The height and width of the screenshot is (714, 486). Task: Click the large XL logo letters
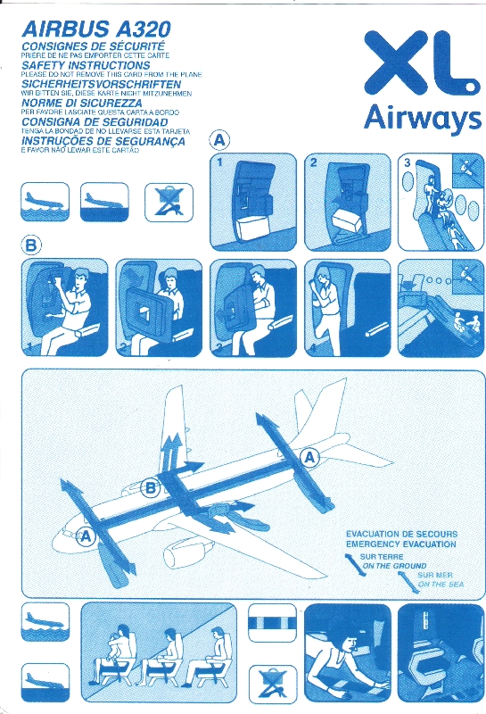click(x=422, y=64)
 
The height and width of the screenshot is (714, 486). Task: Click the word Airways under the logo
click(x=423, y=119)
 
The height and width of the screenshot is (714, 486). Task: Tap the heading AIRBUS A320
click(x=96, y=29)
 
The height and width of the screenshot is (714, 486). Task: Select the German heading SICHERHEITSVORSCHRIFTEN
click(x=101, y=84)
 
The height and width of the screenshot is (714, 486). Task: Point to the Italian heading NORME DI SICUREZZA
click(x=81, y=103)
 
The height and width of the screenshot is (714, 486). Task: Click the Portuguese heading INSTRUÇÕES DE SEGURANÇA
click(x=103, y=141)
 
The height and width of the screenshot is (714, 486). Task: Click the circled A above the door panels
click(x=219, y=140)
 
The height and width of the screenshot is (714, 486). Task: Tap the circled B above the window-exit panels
click(x=31, y=246)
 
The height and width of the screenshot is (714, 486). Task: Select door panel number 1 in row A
click(x=253, y=203)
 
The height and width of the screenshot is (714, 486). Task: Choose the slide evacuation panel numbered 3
click(x=441, y=203)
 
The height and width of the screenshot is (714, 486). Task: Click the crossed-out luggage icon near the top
click(x=169, y=202)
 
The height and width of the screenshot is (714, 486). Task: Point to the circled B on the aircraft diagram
click(x=150, y=489)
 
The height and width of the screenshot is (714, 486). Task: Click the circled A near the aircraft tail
click(x=310, y=457)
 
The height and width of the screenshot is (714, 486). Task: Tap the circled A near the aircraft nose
click(x=86, y=537)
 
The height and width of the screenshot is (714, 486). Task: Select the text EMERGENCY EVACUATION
click(x=401, y=544)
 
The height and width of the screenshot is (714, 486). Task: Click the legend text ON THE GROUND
click(x=394, y=566)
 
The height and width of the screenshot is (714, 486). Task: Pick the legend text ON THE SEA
click(x=441, y=585)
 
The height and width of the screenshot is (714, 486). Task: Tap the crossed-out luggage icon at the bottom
click(x=272, y=683)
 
